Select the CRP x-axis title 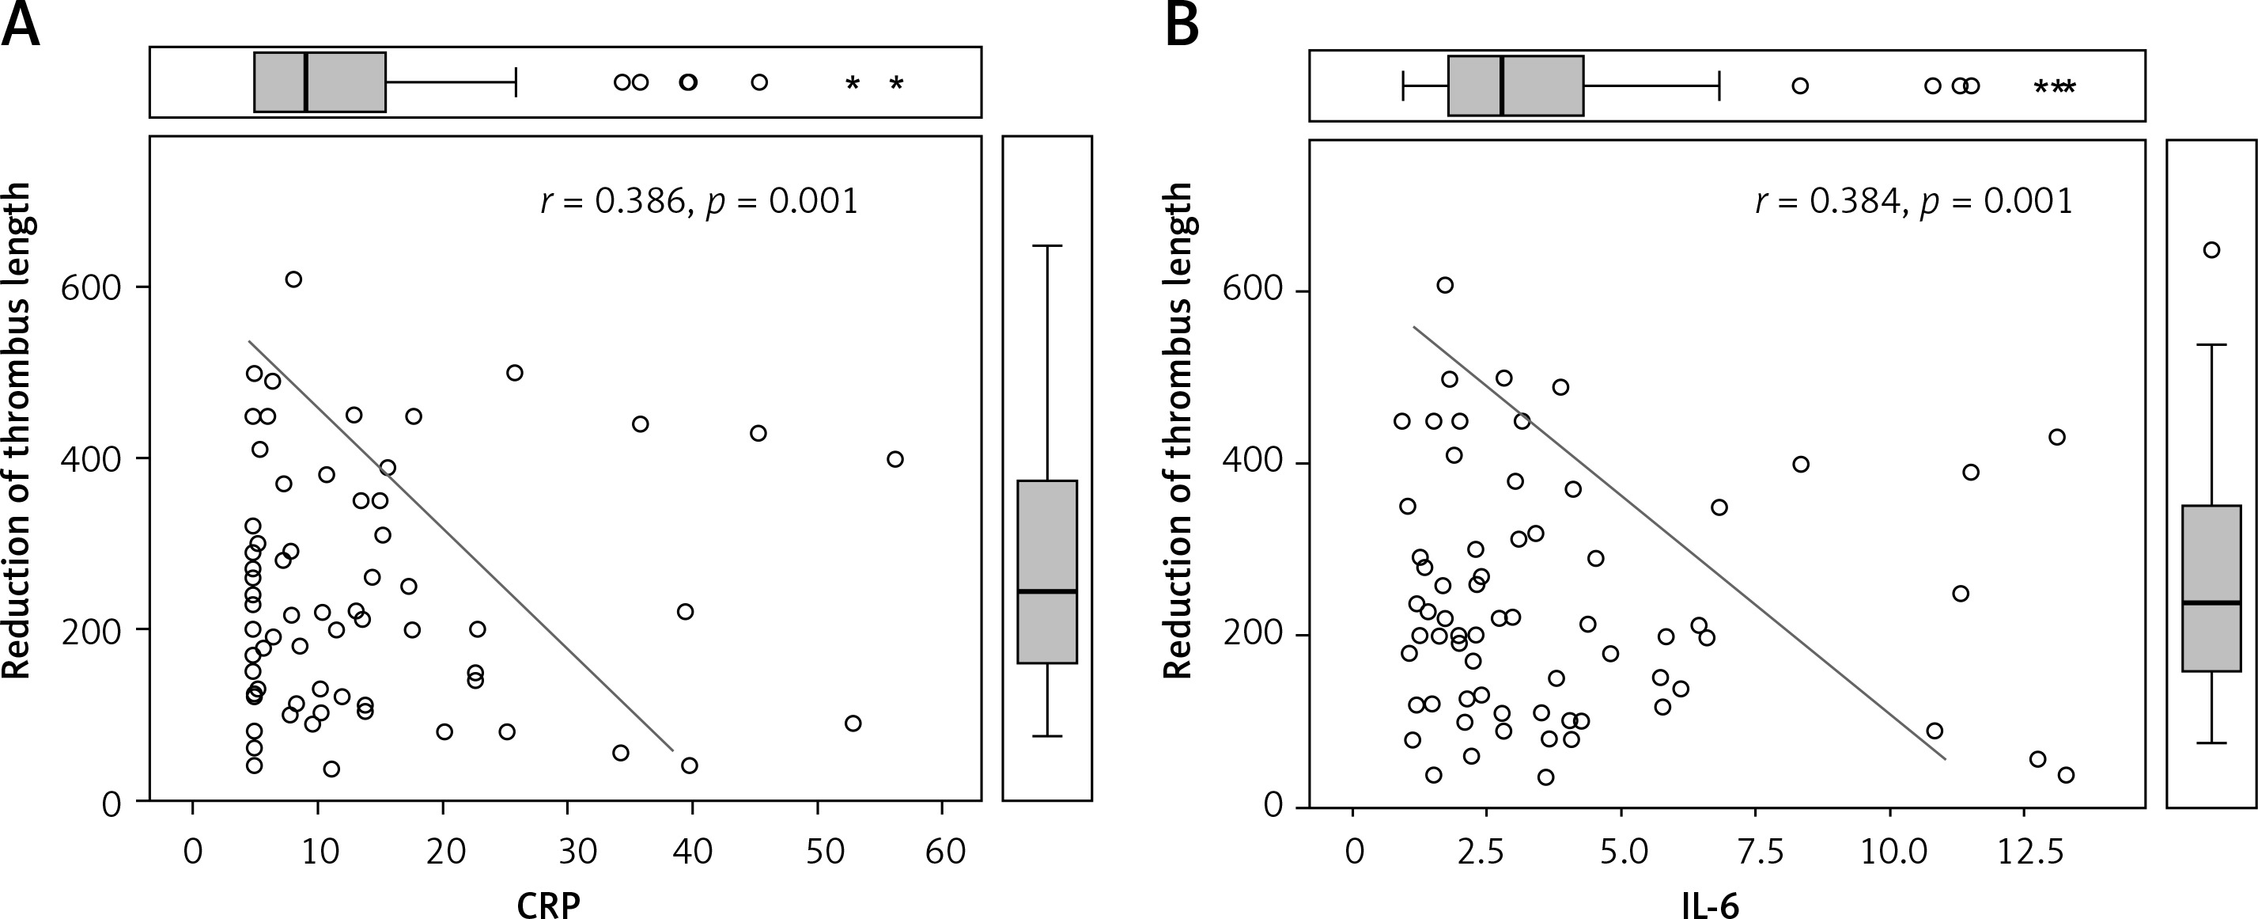coord(549,903)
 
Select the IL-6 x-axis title coord(1709,903)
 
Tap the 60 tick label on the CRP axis coord(944,851)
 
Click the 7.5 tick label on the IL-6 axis coord(1757,851)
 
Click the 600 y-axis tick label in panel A coord(90,287)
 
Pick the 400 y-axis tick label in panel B coord(1252,461)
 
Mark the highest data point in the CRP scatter coord(293,279)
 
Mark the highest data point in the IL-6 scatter coord(1444,285)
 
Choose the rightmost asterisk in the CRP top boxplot coord(896,83)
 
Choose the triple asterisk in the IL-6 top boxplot coord(2054,87)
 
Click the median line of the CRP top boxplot coord(305,82)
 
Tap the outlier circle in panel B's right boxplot coord(2211,250)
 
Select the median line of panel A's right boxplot coord(1047,591)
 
